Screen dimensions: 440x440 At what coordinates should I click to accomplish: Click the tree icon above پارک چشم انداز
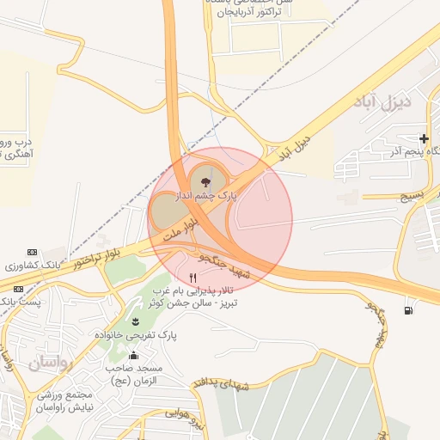204,182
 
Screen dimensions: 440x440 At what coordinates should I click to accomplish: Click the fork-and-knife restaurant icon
192,278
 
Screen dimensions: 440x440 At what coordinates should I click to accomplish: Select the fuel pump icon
406,310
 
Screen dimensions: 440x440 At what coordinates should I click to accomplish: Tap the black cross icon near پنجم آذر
424,138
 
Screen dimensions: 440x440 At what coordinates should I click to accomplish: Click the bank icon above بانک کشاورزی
32,252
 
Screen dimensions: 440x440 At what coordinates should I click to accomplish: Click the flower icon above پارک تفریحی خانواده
136,322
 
